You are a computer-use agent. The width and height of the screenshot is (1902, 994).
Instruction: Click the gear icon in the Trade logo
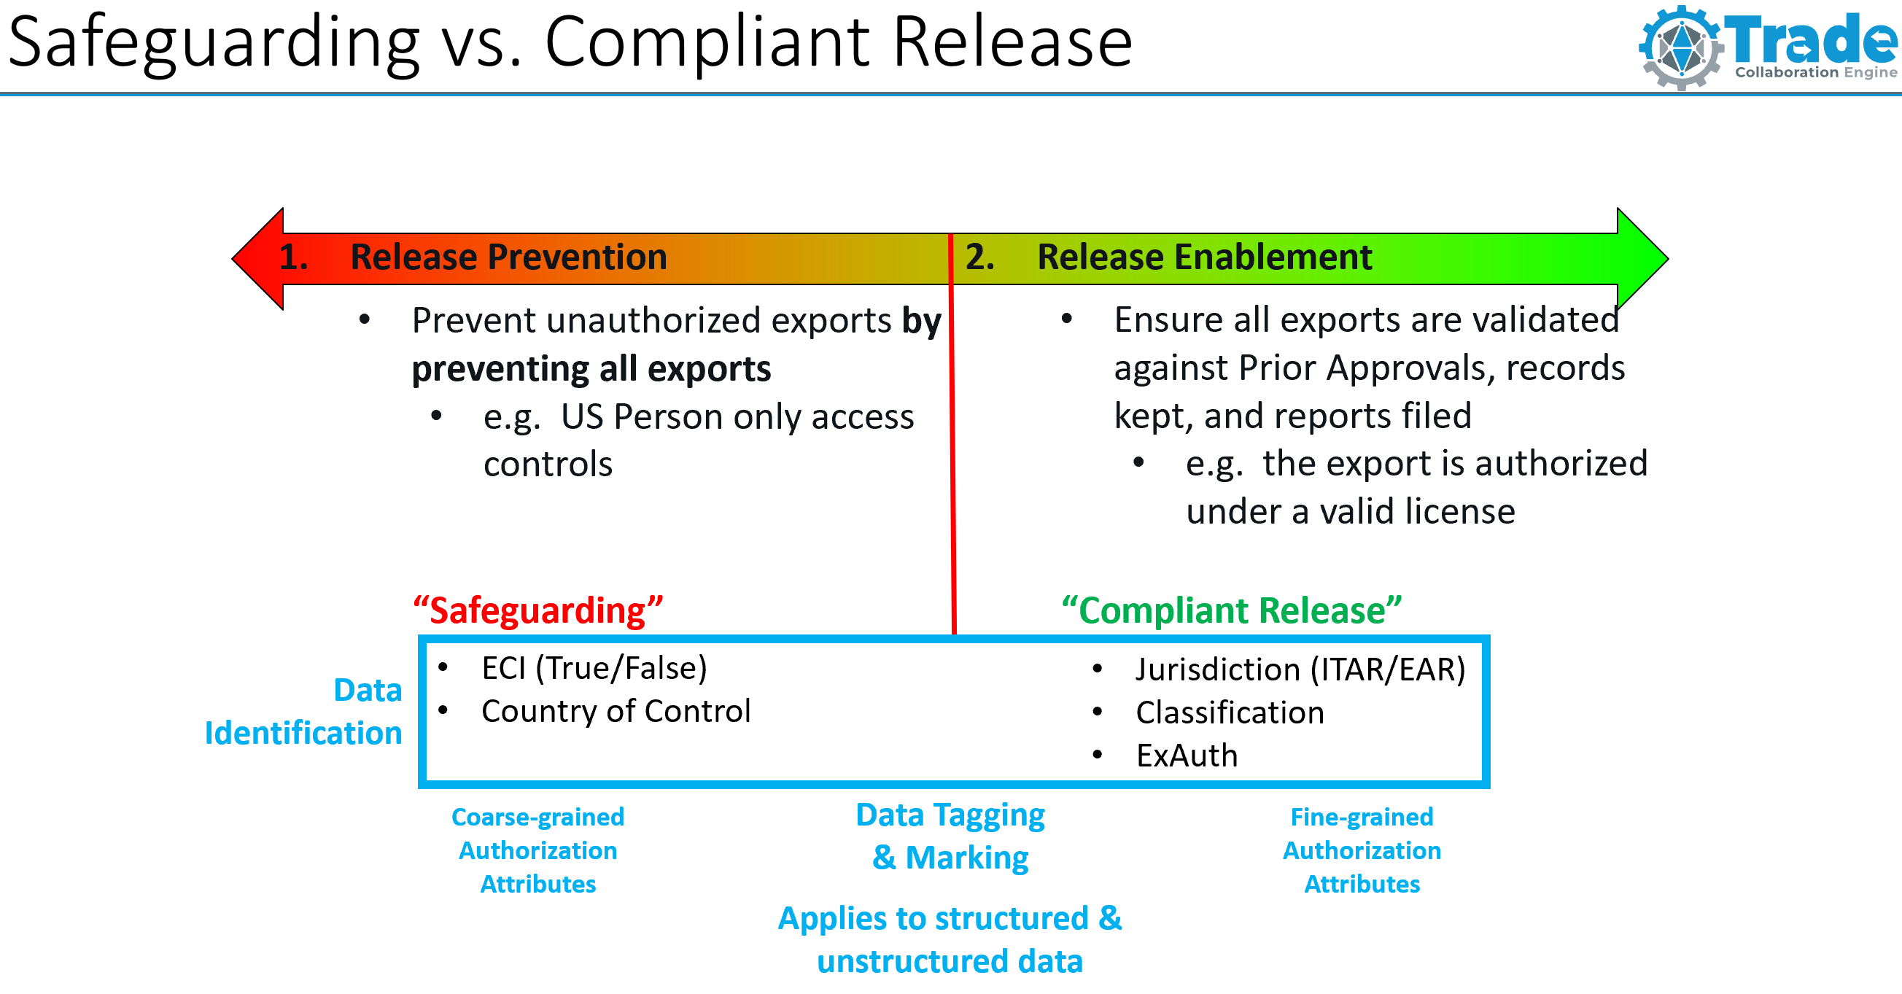coord(1681,48)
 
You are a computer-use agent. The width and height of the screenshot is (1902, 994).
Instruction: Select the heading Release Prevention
coord(508,257)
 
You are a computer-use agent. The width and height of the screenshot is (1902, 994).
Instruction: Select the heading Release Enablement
coord(1203,257)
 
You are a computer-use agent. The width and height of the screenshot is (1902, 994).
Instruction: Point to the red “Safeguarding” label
coord(537,611)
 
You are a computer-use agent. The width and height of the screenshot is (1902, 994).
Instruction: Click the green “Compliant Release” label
coord(1231,611)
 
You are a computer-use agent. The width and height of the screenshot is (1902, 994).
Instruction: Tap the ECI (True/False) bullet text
coord(594,668)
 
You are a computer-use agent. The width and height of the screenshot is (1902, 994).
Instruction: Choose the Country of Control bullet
coord(616,711)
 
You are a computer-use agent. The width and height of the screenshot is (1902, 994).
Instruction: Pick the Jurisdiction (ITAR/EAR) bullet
coord(1300,669)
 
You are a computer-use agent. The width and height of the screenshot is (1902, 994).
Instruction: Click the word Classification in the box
coord(1230,713)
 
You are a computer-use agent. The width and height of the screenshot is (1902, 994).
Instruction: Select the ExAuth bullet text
coord(1187,756)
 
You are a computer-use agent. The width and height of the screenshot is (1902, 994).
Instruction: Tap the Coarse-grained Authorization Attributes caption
coord(537,850)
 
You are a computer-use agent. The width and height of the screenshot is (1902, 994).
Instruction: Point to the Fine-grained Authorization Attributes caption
coord(1362,850)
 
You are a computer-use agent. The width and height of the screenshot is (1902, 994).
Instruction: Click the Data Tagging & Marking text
coord(950,836)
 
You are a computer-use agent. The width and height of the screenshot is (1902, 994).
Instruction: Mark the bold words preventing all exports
coord(591,368)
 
